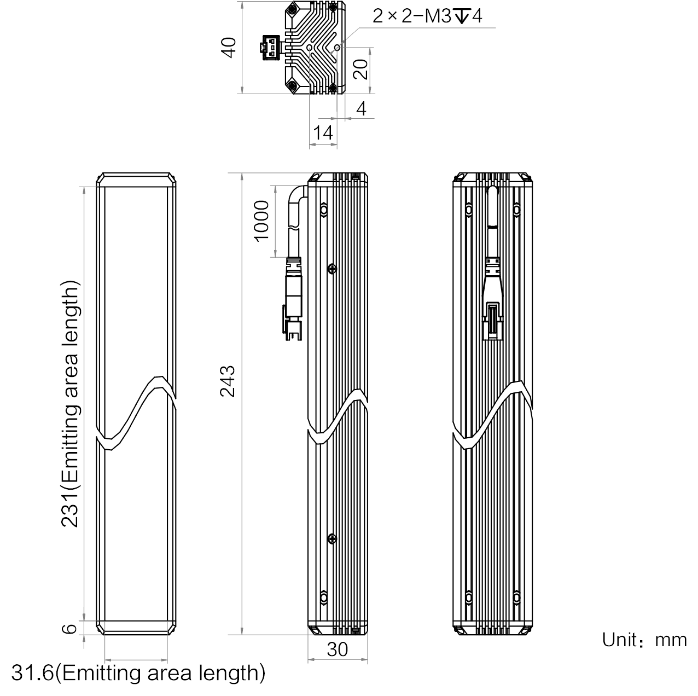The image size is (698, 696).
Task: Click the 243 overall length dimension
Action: pyautogui.click(x=228, y=382)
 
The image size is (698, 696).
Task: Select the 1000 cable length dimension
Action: pyautogui.click(x=261, y=221)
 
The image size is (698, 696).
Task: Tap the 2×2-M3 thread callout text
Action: pyautogui.click(x=427, y=16)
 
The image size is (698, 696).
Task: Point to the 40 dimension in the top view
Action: pyautogui.click(x=228, y=48)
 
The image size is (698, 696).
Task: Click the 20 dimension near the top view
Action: pyautogui.click(x=360, y=69)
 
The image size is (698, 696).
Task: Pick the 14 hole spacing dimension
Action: pyautogui.click(x=323, y=133)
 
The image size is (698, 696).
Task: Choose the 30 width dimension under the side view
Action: pyautogui.click(x=337, y=649)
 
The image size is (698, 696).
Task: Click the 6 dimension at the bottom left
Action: pyautogui.click(x=69, y=629)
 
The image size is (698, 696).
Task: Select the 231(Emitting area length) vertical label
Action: pyautogui.click(x=69, y=403)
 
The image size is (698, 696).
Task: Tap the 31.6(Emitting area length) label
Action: pyautogui.click(x=138, y=673)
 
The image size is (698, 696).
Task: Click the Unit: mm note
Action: pyautogui.click(x=644, y=640)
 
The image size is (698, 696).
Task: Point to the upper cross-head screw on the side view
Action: pyautogui.click(x=332, y=269)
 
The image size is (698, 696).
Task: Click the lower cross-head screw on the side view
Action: pyautogui.click(x=332, y=539)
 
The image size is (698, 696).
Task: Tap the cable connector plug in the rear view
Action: pyautogui.click(x=493, y=321)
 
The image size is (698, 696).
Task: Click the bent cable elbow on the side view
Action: pyautogui.click(x=298, y=196)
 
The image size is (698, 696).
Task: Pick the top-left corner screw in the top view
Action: pyautogui.click(x=292, y=8)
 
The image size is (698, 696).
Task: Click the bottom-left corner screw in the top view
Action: pyautogui.click(x=292, y=86)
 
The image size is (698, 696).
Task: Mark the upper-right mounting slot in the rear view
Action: pyautogui.click(x=517, y=210)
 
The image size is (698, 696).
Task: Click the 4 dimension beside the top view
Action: pyautogui.click(x=361, y=109)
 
